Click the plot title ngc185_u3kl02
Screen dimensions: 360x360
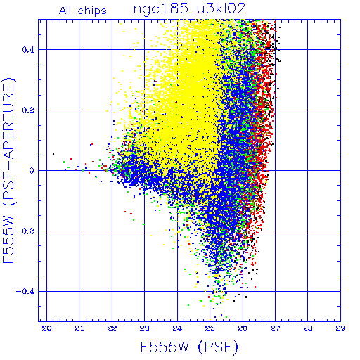coord(189,9)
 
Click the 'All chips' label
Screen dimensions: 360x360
coord(82,11)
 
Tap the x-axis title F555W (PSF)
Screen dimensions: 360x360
coord(189,347)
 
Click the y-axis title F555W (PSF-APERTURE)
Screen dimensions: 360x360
coord(8,171)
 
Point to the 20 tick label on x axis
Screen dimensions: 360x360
coord(46,328)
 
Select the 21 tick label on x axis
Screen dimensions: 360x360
coord(79,328)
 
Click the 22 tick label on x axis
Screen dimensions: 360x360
coord(112,328)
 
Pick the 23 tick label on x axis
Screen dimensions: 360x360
coord(145,328)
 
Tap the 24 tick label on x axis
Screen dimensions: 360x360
coord(177,328)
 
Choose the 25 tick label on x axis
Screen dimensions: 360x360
coord(210,328)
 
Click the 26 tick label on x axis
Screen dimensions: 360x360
coord(243,328)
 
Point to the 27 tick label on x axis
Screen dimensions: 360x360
coord(275,328)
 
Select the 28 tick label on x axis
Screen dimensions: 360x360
coord(308,328)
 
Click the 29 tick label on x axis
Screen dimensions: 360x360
coord(340,328)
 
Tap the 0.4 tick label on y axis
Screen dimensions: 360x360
coord(28,50)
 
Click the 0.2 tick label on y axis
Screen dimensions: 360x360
coord(28,110)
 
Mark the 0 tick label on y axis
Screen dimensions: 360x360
coord(32,171)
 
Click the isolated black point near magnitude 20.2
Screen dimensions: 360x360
coord(53,154)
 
